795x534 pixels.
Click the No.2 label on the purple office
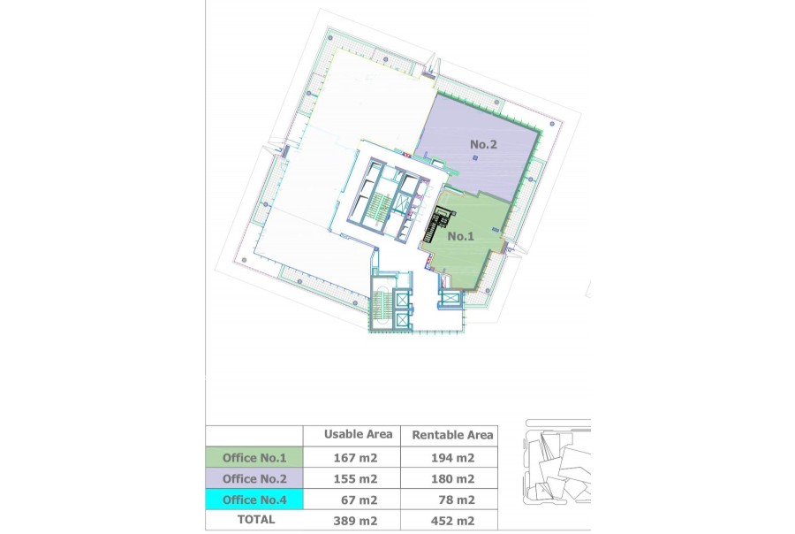click(483, 145)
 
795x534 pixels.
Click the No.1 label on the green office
click(460, 236)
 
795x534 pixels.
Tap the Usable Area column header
click(358, 434)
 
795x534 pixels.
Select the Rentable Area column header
click(452, 435)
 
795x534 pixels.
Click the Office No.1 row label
click(254, 458)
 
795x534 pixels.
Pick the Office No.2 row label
click(254, 478)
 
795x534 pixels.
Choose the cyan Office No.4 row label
click(254, 500)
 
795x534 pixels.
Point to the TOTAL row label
click(256, 520)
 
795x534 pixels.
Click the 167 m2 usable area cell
click(355, 458)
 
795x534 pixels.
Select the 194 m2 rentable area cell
click(453, 458)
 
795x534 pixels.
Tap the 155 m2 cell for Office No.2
click(355, 478)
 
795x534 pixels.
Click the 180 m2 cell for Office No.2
click(453, 478)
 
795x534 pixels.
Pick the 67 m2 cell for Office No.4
click(359, 500)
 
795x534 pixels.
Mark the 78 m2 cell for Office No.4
click(457, 500)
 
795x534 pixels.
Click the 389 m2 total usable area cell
click(355, 521)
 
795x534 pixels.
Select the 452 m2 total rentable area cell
click(453, 521)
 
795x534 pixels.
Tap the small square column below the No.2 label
click(475, 158)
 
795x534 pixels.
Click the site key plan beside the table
click(556, 462)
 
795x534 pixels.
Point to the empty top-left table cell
click(254, 436)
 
